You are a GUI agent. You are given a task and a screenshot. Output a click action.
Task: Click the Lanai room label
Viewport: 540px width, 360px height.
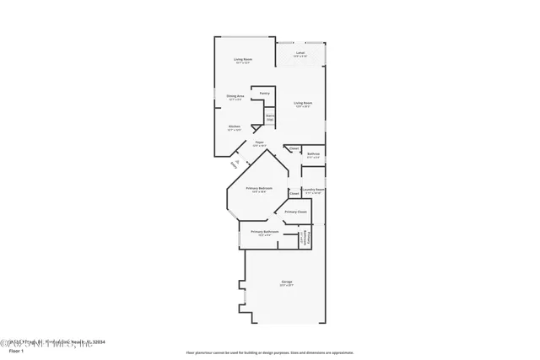pos(300,53)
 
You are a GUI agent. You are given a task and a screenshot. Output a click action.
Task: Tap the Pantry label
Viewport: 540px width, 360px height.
pos(264,93)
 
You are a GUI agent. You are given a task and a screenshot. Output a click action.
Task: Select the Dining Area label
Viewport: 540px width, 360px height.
pos(235,97)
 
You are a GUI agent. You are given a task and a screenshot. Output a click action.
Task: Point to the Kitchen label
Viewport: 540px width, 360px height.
pos(235,127)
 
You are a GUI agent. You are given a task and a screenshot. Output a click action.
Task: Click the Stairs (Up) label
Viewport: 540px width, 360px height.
pos(270,117)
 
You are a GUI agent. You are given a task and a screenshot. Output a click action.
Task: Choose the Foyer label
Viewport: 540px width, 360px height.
pos(259,143)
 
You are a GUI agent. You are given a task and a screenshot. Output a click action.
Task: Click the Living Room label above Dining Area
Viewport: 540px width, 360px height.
pos(243,59)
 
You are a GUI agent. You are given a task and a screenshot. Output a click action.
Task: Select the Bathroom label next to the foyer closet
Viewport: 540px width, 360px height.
pos(313,153)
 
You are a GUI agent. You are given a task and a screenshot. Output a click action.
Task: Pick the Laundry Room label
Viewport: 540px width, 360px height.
pos(314,190)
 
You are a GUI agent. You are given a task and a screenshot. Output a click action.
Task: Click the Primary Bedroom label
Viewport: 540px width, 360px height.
pos(256,189)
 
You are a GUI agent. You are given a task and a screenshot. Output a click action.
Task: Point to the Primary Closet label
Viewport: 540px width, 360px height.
pos(295,212)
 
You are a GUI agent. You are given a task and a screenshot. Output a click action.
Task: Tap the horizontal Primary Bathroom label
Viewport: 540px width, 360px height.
pos(264,232)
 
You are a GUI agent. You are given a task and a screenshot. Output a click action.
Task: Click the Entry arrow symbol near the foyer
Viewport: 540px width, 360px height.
pos(237,163)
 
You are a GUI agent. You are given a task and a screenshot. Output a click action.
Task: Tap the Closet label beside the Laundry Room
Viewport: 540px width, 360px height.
pos(294,192)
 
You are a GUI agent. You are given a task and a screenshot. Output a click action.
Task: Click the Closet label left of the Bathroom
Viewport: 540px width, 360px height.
pos(294,149)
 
